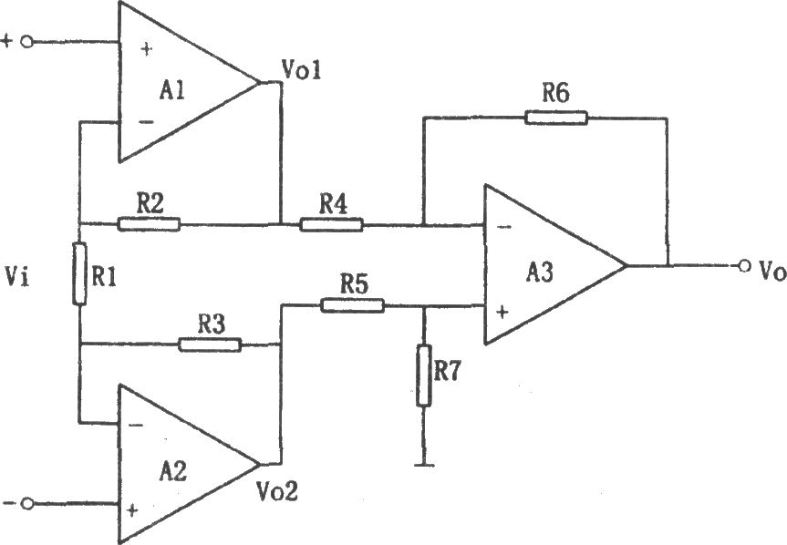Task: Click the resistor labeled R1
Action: point(79,273)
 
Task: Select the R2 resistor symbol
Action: point(149,224)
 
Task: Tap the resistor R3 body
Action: point(210,344)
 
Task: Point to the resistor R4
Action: point(331,224)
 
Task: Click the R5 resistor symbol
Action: point(352,305)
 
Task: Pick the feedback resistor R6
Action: point(556,118)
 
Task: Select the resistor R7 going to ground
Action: point(424,375)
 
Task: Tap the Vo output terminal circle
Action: point(744,265)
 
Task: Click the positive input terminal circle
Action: point(27,42)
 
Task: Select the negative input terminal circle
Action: point(27,503)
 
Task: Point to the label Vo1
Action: point(301,69)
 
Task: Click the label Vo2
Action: point(277,491)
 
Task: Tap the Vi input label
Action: point(16,276)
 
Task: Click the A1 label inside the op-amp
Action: point(172,91)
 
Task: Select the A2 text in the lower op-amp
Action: point(173,471)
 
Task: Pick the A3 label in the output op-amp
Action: point(540,272)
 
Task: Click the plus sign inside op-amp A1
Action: point(146,49)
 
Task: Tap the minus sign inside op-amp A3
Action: point(505,227)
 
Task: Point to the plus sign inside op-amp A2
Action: point(132,510)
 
